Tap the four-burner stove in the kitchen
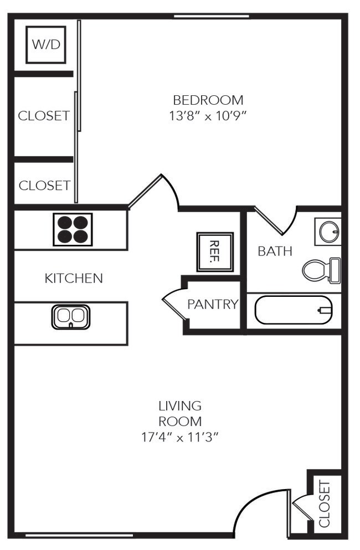(72, 229)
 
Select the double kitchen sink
(71, 316)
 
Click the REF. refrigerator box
(215, 252)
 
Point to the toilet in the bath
(321, 270)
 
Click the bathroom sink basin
(328, 231)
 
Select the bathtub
(293, 311)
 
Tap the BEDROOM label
(208, 100)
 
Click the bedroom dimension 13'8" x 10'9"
(208, 117)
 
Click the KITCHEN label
(74, 278)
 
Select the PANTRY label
(212, 304)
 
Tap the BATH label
(275, 251)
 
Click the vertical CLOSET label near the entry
(325, 504)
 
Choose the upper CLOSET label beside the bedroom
(44, 116)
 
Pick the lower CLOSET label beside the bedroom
(44, 186)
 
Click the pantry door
(173, 305)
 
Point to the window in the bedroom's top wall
(211, 16)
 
